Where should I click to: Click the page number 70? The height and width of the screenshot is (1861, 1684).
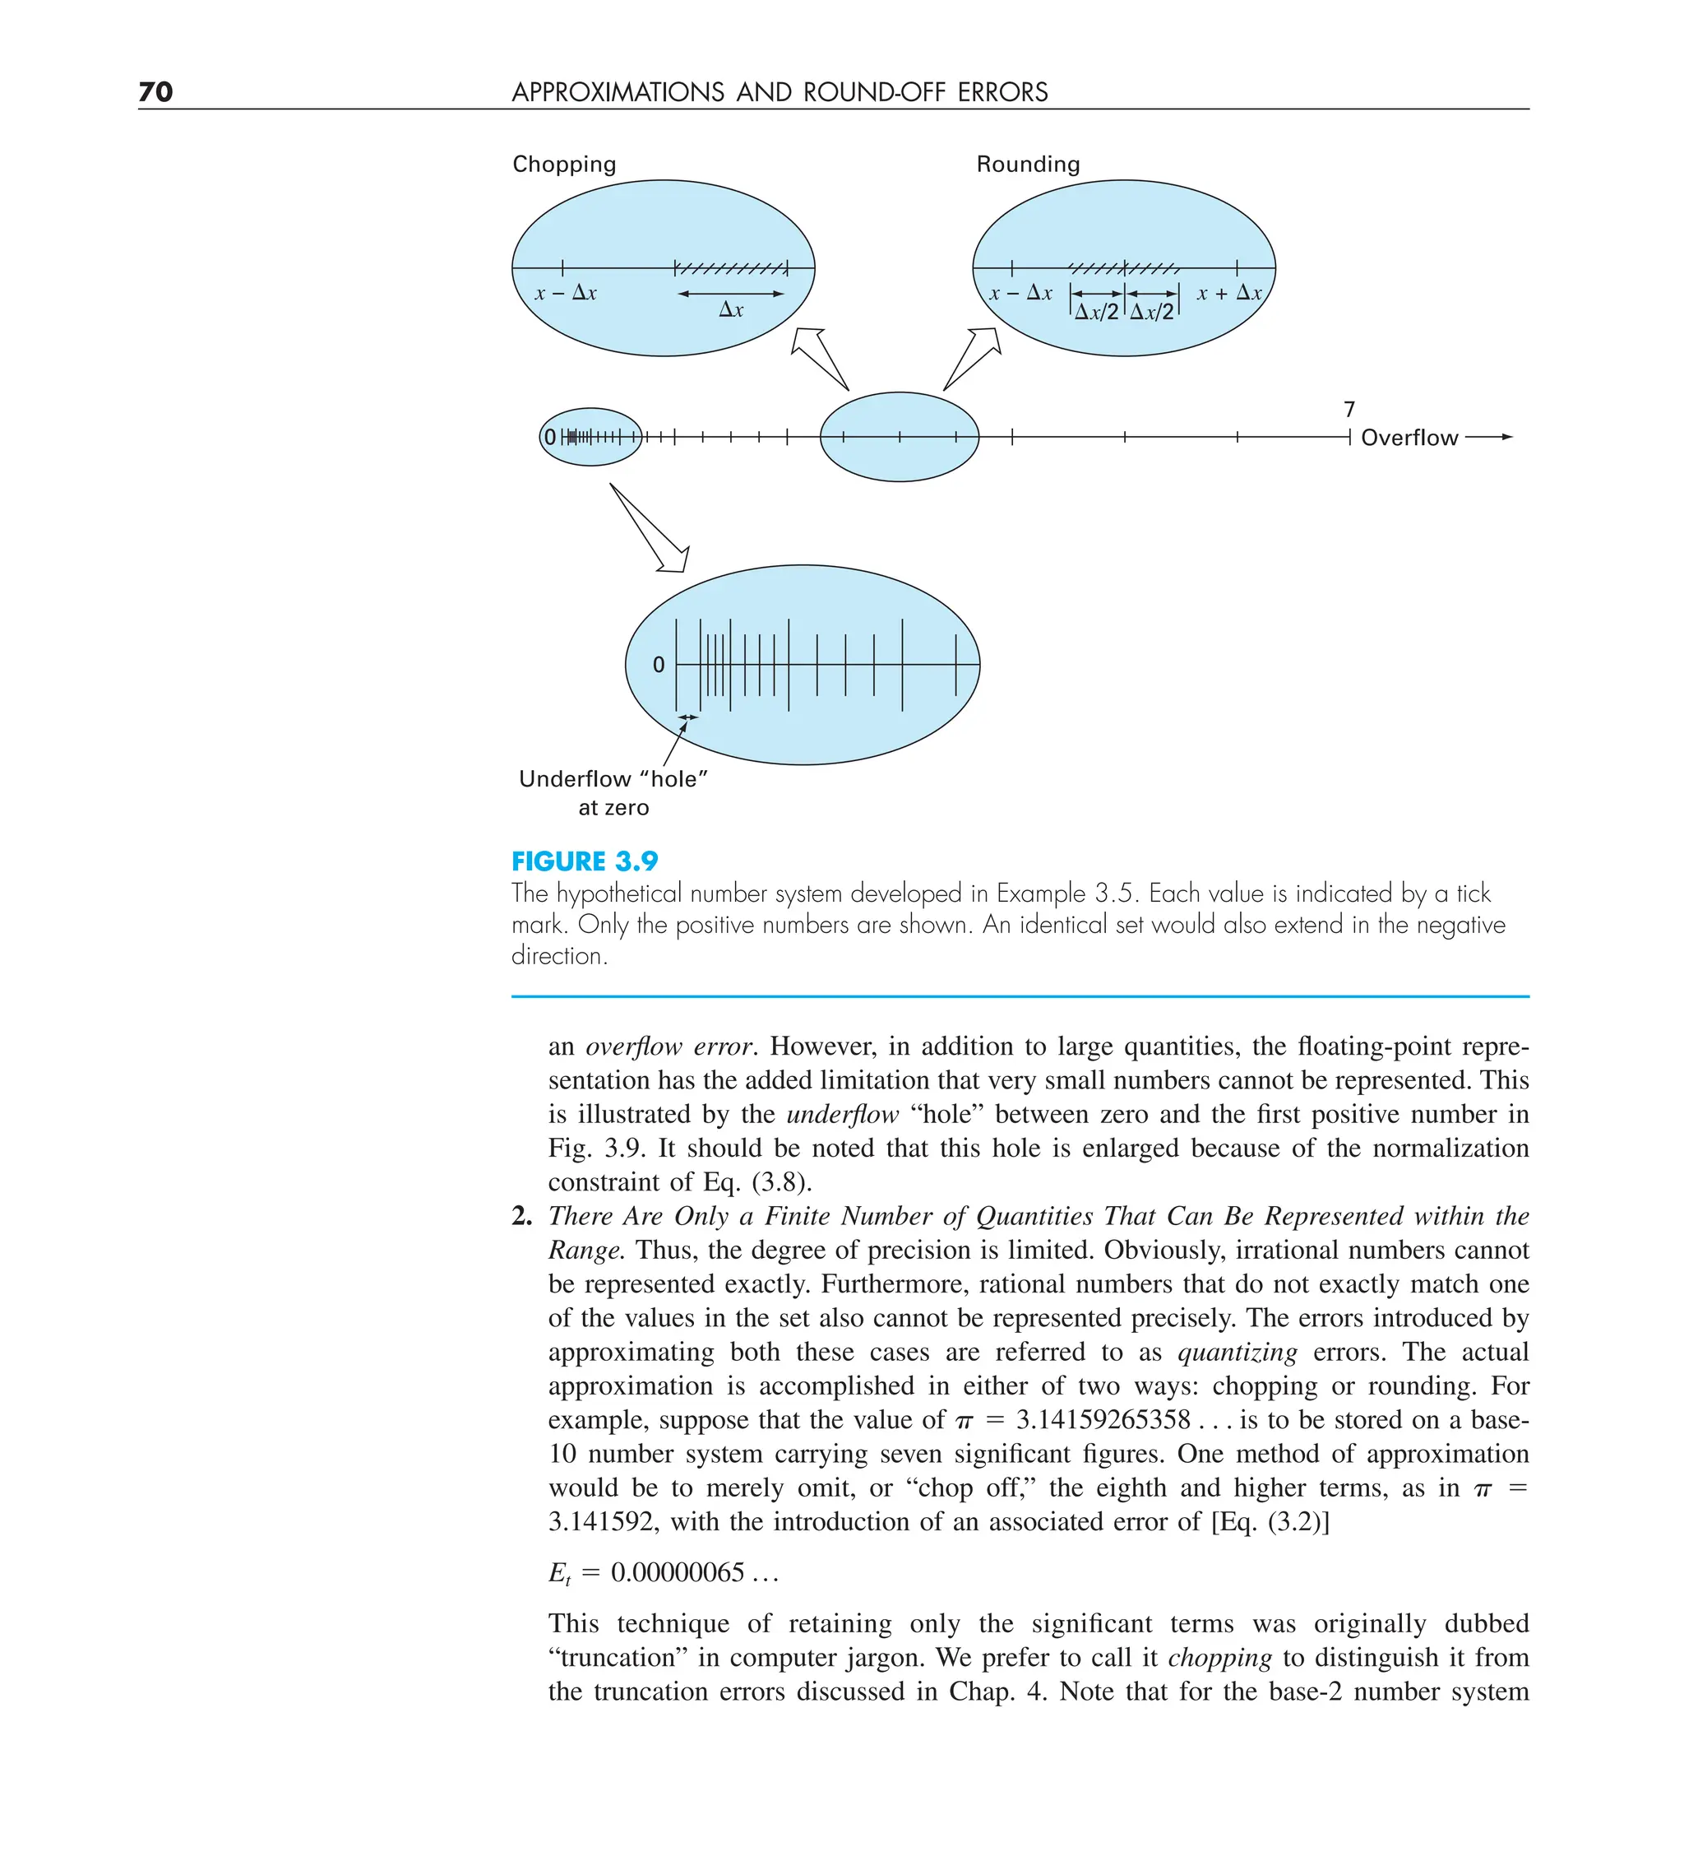click(155, 91)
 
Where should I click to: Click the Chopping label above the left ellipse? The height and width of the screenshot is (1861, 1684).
click(564, 165)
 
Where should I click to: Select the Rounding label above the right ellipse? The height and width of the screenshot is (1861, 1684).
click(1028, 165)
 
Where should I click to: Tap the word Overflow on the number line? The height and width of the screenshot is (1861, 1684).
click(1409, 438)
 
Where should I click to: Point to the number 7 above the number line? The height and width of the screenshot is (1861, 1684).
click(1349, 409)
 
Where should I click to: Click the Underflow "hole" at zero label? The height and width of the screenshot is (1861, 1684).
click(613, 792)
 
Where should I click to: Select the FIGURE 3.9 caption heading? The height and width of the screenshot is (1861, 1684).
click(585, 861)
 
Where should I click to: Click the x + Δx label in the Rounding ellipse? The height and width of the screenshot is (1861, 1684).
click(1229, 294)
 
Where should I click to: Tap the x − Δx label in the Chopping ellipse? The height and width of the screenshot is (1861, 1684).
click(566, 294)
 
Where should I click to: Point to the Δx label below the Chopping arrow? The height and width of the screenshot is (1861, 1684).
click(731, 310)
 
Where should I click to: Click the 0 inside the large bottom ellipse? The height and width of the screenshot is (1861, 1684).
click(658, 665)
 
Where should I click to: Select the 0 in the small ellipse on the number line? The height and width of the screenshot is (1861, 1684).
click(550, 438)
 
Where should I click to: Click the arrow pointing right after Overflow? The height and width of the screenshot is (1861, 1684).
click(1489, 437)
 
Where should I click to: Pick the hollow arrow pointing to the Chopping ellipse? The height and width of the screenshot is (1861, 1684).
click(817, 356)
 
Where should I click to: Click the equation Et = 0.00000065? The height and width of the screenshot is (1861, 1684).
click(664, 1573)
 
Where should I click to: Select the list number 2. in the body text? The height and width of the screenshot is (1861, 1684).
click(522, 1217)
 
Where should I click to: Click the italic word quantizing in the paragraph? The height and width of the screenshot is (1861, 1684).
click(1238, 1353)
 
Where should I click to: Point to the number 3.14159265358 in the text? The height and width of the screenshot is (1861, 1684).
click(1103, 1420)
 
